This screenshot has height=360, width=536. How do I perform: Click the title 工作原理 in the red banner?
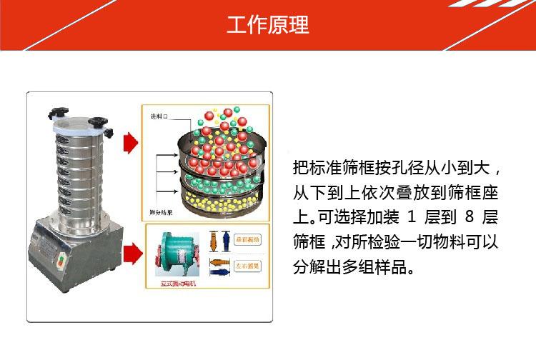point(268,25)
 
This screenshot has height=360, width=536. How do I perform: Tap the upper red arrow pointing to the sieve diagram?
point(130,143)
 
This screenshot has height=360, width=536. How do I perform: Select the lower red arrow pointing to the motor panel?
point(130,251)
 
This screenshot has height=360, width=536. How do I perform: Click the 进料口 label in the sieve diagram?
point(159,116)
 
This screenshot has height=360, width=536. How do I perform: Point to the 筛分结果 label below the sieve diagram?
point(161,212)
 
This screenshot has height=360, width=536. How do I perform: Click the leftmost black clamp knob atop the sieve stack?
point(56,112)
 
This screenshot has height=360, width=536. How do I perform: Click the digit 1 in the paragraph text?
point(410,217)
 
